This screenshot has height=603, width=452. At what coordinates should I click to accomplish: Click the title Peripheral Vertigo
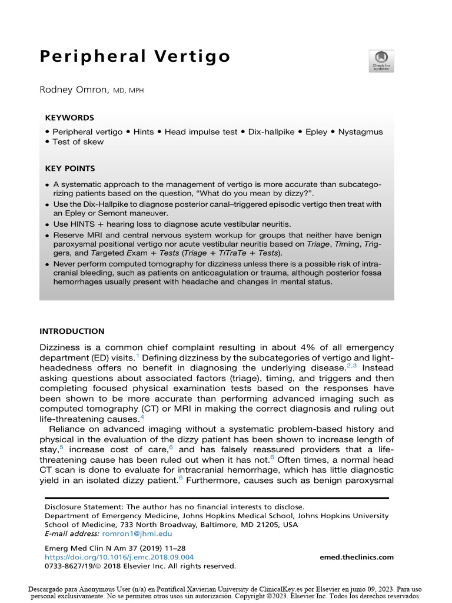click(135, 57)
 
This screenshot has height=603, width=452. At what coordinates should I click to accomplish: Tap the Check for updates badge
click(381, 61)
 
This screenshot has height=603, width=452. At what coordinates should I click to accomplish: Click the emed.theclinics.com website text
click(357, 557)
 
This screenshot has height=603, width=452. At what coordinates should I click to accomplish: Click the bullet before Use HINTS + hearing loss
click(48, 224)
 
